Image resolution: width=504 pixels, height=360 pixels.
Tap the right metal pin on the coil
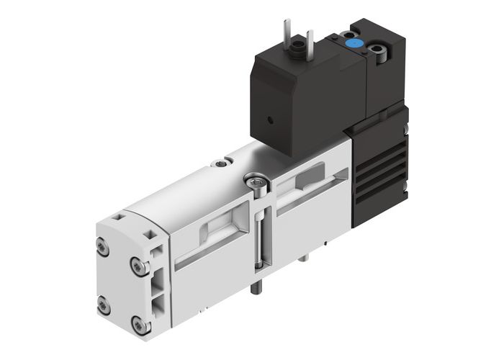310,40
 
